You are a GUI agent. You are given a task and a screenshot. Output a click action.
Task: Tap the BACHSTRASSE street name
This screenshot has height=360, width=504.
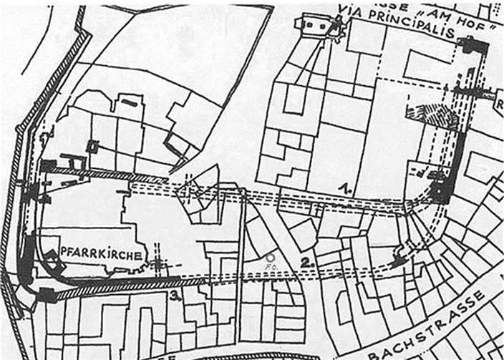pos(427,329)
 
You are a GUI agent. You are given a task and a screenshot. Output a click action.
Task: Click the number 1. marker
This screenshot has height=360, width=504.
pos(345,188)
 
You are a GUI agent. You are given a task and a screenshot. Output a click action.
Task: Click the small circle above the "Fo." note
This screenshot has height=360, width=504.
pos(269,256)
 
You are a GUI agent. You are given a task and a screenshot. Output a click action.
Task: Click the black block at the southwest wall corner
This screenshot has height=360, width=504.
pos(47,294)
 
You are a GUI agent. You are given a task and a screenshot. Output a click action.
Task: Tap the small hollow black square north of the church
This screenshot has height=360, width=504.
pos(92,146)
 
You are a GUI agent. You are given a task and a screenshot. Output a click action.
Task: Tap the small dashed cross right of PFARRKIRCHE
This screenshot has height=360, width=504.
pos(157,263)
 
